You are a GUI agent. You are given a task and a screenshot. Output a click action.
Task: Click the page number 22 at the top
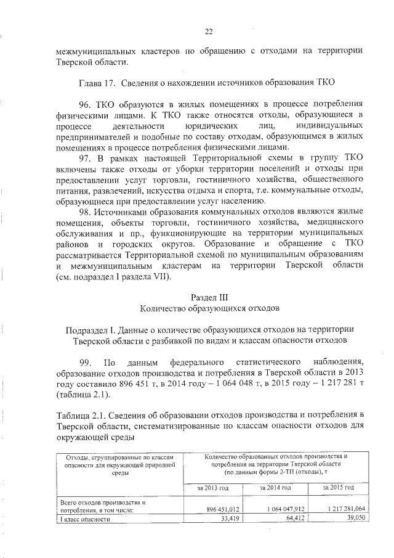(209, 32)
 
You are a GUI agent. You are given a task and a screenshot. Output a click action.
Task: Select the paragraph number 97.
(83, 158)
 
